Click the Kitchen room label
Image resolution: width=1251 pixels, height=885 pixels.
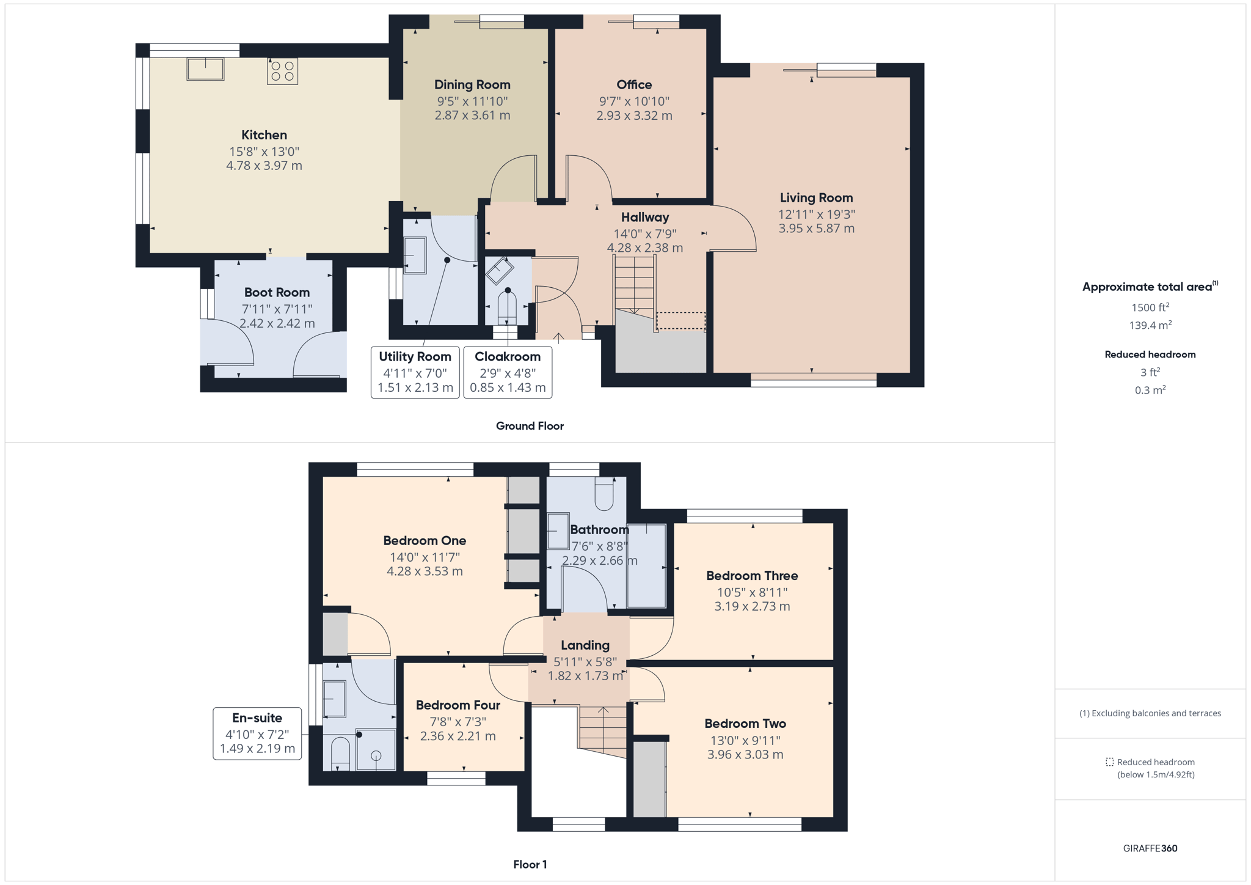[x=264, y=135]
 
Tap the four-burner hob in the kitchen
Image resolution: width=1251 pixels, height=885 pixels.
[x=282, y=71]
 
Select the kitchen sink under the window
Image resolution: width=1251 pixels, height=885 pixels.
[x=205, y=69]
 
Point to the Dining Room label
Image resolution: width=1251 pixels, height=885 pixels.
[x=472, y=85]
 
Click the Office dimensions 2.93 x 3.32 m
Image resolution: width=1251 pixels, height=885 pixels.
[x=634, y=116]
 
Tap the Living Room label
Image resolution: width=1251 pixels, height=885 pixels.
[x=816, y=198]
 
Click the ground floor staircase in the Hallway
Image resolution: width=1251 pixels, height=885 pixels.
[x=635, y=285]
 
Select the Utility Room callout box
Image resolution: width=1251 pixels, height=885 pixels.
[x=415, y=372]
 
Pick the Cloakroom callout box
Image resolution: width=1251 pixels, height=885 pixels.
[x=508, y=372]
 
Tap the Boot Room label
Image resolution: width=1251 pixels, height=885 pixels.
[x=277, y=293]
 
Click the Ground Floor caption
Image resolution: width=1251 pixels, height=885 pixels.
[x=530, y=426]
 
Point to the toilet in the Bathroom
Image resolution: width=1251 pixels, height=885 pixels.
[x=604, y=494]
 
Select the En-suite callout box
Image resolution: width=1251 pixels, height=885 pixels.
[x=257, y=733]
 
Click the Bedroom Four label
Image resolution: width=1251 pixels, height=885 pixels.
[x=458, y=705]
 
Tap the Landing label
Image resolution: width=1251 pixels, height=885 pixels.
[x=585, y=645]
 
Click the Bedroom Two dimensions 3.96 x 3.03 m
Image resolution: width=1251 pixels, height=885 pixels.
[x=745, y=755]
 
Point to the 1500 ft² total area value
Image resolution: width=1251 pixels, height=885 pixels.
[x=1150, y=307]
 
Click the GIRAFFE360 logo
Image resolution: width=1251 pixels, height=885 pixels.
[x=1150, y=848]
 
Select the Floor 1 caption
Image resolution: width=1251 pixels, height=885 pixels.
[x=530, y=865]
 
